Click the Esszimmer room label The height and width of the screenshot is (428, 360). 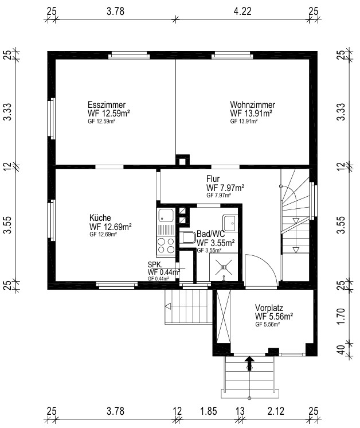point(107,105)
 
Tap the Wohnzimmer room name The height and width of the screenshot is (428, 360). point(253,105)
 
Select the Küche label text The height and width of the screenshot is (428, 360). point(100,218)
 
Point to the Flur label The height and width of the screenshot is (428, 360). point(213,179)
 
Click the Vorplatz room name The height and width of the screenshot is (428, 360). point(269,308)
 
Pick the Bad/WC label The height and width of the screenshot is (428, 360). point(210,234)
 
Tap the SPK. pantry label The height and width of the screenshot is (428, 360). point(155,264)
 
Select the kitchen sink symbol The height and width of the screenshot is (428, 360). point(165,216)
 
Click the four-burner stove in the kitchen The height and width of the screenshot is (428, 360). point(166,245)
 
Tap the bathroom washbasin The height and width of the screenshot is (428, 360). point(230,223)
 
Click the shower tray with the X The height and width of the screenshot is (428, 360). point(224,267)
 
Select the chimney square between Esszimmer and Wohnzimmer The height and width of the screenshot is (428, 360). point(182,159)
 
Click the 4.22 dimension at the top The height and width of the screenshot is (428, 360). point(242,11)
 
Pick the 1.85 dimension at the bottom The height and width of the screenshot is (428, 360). point(209,411)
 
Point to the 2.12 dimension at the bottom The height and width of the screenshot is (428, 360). point(276,411)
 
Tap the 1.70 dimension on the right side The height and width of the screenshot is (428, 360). point(341,316)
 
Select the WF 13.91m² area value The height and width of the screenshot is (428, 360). point(251,113)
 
